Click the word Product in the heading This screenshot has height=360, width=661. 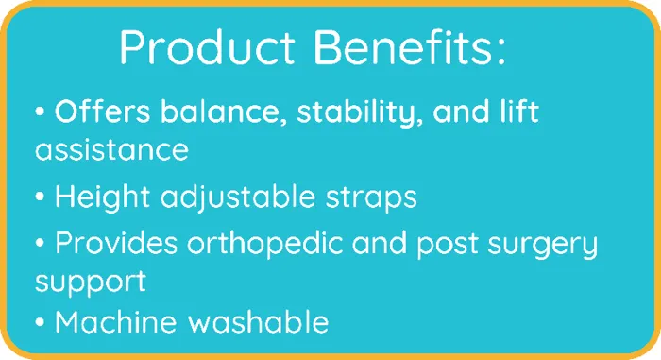coord(208,46)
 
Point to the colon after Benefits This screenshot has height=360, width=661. coord(500,52)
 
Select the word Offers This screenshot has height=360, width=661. coord(102,111)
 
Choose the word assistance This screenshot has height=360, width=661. coord(111,149)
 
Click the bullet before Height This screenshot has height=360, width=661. coord(40,197)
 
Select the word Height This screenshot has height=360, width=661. coord(102,197)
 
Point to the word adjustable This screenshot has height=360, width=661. coord(238,197)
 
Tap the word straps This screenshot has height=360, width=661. coord(371,198)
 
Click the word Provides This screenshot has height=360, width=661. coord(116,243)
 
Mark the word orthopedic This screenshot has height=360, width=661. coord(264,244)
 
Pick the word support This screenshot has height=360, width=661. coord(91,282)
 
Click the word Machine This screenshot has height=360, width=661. coord(115,322)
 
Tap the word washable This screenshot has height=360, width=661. coord(258,322)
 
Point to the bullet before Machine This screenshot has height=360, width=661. coord(40,322)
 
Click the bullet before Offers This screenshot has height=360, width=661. coord(40,111)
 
